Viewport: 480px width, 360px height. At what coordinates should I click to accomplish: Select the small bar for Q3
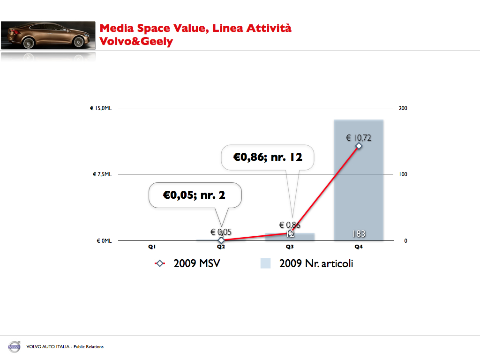pyautogui.click(x=290, y=237)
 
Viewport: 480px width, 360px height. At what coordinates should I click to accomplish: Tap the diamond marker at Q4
pyautogui.click(x=359, y=146)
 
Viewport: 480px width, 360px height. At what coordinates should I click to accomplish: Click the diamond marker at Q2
pyautogui.click(x=221, y=240)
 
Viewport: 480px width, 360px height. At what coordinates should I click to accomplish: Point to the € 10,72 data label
pyautogui.click(x=359, y=138)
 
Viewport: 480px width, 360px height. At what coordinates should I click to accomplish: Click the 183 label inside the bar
pyautogui.click(x=359, y=234)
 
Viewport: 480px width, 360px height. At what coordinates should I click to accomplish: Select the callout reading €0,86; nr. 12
pyautogui.click(x=268, y=157)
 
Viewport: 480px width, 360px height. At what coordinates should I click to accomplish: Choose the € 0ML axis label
pyautogui.click(x=104, y=241)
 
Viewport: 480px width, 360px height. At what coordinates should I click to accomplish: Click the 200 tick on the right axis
pyautogui.click(x=403, y=108)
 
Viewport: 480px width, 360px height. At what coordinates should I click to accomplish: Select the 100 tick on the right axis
pyautogui.click(x=403, y=174)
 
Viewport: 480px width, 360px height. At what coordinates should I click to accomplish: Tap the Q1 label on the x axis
pyautogui.click(x=152, y=247)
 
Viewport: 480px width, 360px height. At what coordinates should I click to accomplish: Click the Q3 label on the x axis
pyautogui.click(x=290, y=247)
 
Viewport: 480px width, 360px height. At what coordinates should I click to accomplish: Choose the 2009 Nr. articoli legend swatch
pyautogui.click(x=266, y=263)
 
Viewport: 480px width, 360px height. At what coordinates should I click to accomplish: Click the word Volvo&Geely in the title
pyautogui.click(x=136, y=41)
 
